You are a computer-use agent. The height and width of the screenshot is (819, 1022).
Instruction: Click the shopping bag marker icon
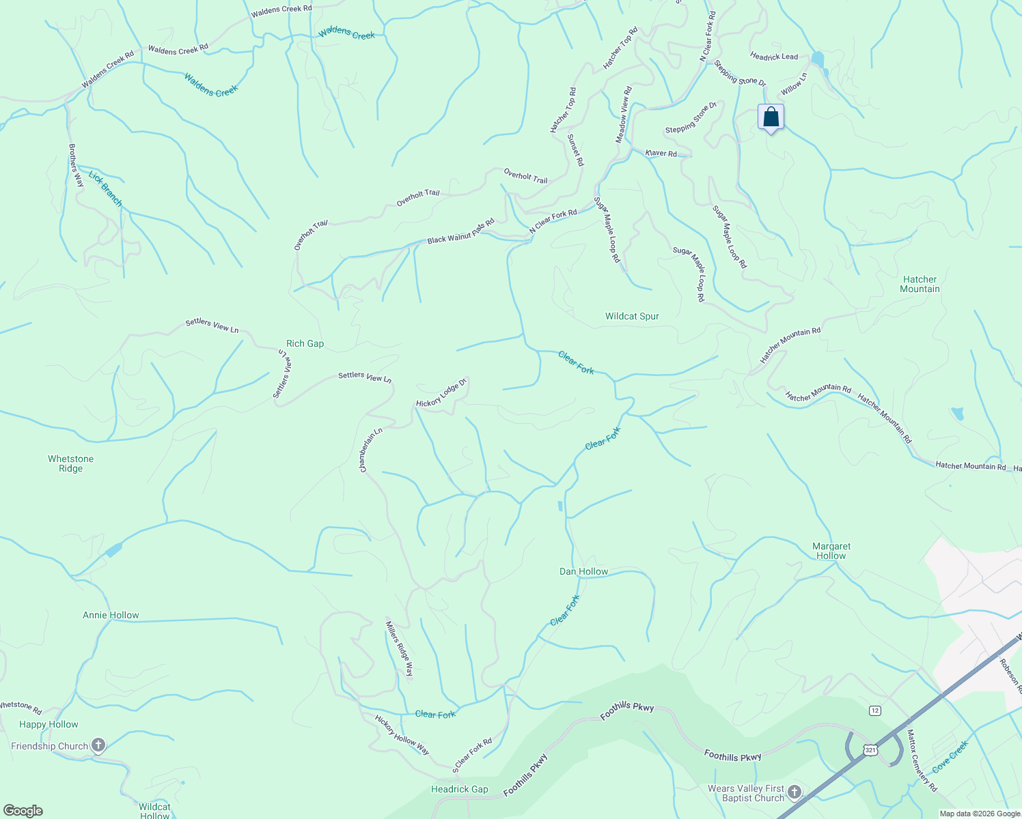771,117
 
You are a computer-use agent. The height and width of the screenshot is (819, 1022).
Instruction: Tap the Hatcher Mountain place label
920,284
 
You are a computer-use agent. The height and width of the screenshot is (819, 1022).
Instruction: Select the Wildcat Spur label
632,316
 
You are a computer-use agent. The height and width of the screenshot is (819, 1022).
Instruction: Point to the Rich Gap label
305,343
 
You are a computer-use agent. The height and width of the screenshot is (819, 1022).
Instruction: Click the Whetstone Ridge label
70,463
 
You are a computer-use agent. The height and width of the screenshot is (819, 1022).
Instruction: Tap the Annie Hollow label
111,615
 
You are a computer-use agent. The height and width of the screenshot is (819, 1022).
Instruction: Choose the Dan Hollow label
583,571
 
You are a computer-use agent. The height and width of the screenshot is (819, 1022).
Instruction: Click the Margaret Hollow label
831,551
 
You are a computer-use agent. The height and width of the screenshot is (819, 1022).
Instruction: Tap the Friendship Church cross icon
99,745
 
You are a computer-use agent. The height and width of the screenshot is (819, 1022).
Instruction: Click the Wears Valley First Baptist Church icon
794,792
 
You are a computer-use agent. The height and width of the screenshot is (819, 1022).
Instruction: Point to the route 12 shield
875,710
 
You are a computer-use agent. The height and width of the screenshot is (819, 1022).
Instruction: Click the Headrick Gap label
459,789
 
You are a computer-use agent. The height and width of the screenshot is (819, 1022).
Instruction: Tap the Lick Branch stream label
105,189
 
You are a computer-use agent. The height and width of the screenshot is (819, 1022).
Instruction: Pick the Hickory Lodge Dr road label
441,393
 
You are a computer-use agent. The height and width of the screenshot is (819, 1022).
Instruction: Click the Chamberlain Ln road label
372,450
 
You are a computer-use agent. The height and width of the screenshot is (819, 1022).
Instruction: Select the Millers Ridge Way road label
400,648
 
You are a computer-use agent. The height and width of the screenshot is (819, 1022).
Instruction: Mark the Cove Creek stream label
950,756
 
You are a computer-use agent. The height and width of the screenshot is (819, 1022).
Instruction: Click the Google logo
23,811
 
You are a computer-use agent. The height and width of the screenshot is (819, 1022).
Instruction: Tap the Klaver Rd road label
661,154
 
